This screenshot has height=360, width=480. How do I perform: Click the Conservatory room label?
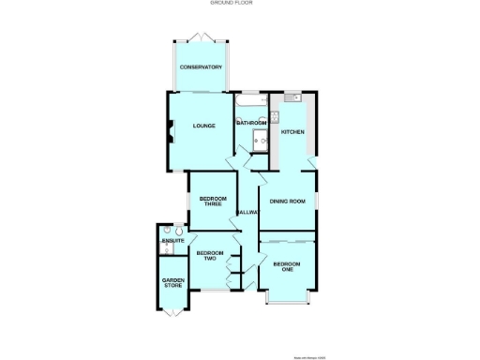[x=202, y=67]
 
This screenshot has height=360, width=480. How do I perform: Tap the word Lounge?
[x=203, y=126]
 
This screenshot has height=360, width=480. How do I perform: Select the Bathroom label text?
[x=252, y=123]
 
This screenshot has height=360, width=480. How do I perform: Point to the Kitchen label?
[x=292, y=132]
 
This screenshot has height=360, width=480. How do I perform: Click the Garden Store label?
[x=172, y=282]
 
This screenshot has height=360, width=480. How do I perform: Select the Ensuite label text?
[x=172, y=242]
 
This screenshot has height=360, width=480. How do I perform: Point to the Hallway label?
[x=247, y=213]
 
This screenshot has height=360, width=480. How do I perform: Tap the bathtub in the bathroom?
[x=250, y=99]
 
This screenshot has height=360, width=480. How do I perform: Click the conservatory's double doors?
[x=202, y=37]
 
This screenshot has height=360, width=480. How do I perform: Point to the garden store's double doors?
[x=172, y=311]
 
